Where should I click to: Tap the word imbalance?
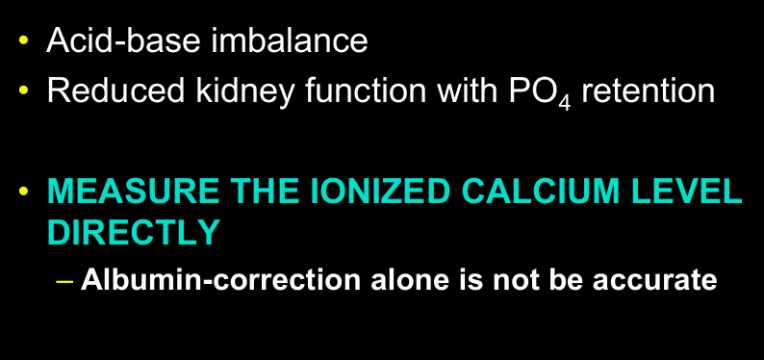(286, 41)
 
